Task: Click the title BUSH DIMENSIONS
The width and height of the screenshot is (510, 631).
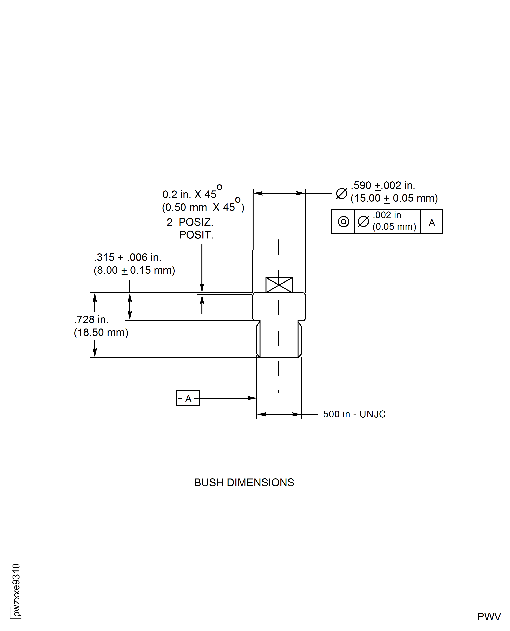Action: point(244,483)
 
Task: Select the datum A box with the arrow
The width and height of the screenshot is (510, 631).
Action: point(188,398)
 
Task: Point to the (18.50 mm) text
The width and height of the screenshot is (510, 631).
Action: point(101,333)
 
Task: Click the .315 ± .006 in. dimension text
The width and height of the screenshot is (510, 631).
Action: point(128,257)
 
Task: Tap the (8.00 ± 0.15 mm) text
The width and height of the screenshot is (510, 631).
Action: point(134,270)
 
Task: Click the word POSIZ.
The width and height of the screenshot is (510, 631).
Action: point(196,222)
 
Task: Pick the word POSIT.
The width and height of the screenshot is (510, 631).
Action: point(196,235)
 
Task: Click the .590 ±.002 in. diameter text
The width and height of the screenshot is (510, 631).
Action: point(383,185)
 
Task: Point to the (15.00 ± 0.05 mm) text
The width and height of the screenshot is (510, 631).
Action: point(394,198)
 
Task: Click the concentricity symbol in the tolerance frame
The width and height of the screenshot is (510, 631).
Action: point(343,222)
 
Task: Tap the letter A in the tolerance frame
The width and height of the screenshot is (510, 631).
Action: point(432,223)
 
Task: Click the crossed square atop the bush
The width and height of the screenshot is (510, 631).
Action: point(279,285)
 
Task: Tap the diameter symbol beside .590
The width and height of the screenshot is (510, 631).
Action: point(341,193)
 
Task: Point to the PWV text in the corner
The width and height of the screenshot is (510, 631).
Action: point(489,617)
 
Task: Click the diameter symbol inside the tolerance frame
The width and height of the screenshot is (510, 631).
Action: point(363,222)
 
